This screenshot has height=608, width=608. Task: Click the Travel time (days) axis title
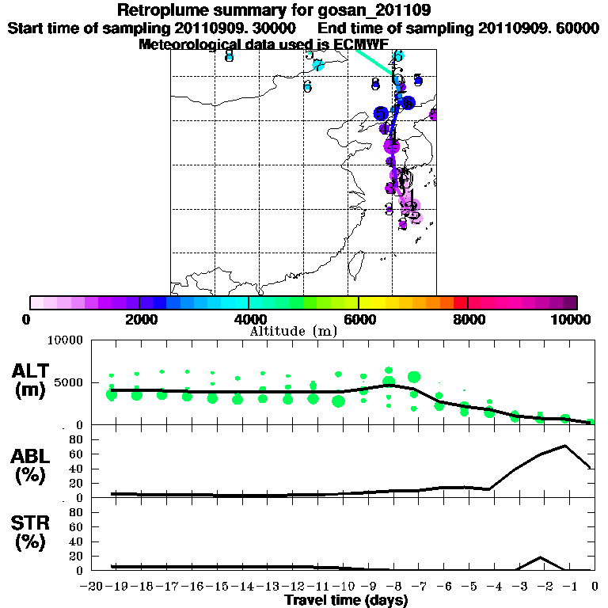pyautogui.click(x=346, y=601)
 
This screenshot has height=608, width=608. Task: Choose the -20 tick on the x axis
pyautogui.click(x=93, y=587)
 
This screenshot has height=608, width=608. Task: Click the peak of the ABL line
pyautogui.click(x=565, y=445)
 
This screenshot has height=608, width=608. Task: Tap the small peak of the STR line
pyautogui.click(x=540, y=557)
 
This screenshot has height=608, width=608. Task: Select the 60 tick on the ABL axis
pyautogui.click(x=78, y=454)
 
